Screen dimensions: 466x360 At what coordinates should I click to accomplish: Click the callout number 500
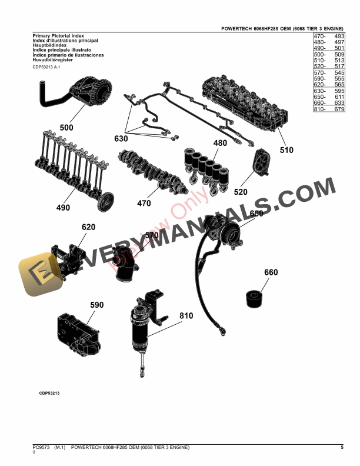click(x=66, y=128)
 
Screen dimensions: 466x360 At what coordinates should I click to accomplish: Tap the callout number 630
click(x=121, y=139)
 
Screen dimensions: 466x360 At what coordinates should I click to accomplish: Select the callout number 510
click(x=286, y=150)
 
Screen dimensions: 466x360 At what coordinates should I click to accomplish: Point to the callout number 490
click(x=63, y=208)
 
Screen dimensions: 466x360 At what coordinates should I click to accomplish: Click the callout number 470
click(x=144, y=204)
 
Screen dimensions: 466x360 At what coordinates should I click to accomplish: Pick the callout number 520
click(x=241, y=192)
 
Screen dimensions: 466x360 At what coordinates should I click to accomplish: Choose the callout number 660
click(x=271, y=272)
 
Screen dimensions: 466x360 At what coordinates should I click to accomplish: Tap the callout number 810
click(x=186, y=316)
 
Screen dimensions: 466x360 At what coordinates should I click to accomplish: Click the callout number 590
click(x=96, y=305)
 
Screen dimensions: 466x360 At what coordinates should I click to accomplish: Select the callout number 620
click(x=88, y=227)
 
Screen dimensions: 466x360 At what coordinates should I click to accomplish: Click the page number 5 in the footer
click(x=342, y=448)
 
